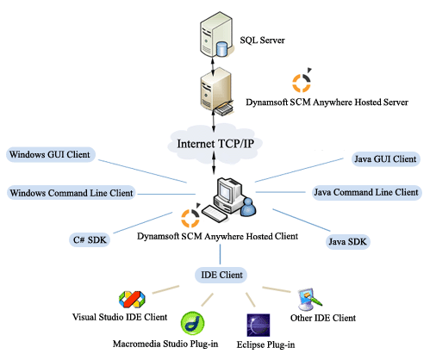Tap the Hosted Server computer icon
214,93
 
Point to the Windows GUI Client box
51,156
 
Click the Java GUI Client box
385,158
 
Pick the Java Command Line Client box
366,191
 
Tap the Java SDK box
348,241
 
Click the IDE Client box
220,276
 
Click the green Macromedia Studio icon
191,324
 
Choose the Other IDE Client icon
308,299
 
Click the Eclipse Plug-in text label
266,345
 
